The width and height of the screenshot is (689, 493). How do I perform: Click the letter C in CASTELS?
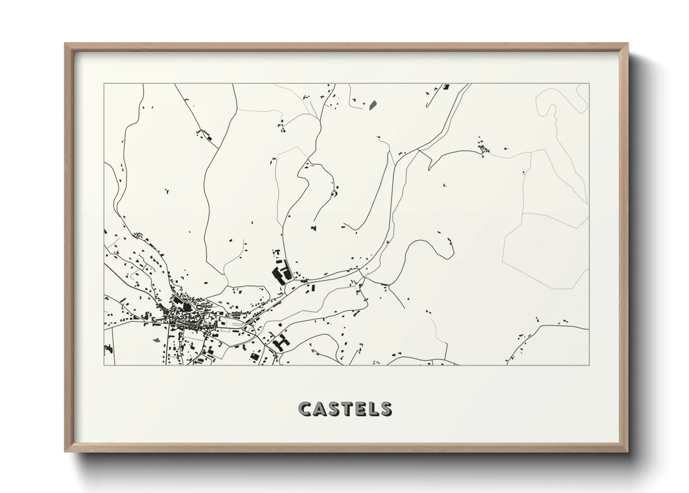point(305,409)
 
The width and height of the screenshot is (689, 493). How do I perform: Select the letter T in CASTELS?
point(346,409)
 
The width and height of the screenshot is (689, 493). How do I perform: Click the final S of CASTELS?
point(385,409)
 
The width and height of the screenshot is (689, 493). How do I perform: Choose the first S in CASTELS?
point(333,409)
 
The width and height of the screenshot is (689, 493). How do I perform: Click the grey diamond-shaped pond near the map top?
point(372,105)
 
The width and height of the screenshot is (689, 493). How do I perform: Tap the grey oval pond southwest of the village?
point(156,339)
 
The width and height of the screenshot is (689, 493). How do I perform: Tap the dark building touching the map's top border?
point(447,87)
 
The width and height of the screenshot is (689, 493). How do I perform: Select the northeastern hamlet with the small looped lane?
point(483,148)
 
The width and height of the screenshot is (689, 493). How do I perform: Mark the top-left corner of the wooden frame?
point(65,44)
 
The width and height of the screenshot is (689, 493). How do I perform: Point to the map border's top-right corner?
point(589,84)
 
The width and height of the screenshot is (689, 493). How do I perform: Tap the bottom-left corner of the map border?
point(104,365)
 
